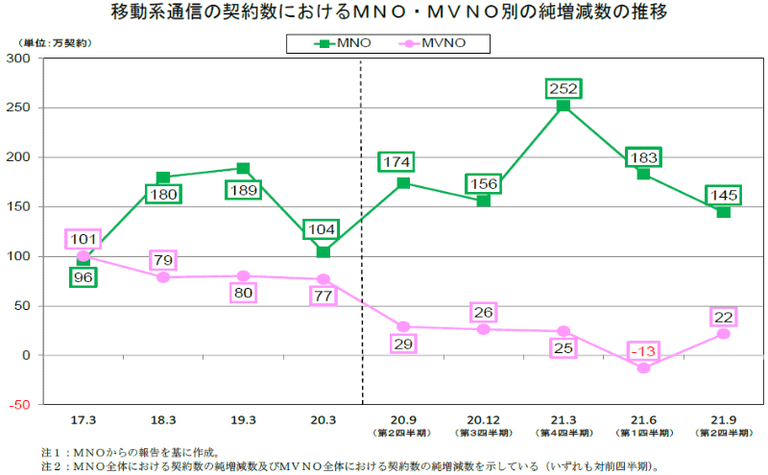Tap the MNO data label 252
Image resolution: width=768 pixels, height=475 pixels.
(x=563, y=88)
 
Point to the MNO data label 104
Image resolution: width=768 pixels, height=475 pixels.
(x=323, y=230)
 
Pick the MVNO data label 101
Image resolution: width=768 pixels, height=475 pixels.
(x=83, y=239)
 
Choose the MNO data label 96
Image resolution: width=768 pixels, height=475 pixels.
(x=83, y=276)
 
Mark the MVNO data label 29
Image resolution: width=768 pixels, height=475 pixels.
(x=403, y=344)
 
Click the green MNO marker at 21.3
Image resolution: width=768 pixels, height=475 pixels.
(x=564, y=106)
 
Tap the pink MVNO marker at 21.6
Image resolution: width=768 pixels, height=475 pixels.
(x=643, y=368)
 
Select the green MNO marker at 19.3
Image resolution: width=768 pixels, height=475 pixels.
(x=243, y=169)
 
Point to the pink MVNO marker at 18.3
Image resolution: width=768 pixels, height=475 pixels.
(x=163, y=277)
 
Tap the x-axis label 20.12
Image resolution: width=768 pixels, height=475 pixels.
(x=483, y=420)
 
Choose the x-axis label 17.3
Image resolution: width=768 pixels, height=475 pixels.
(x=83, y=420)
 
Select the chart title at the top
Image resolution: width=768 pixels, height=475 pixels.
(x=384, y=13)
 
